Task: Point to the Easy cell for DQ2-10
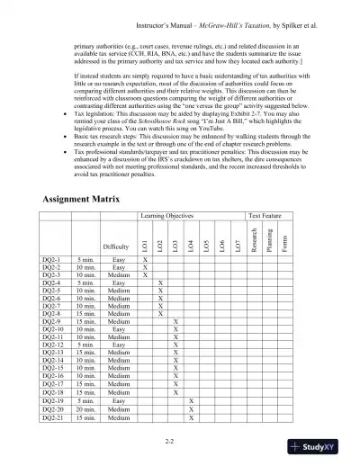coord(116,354)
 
